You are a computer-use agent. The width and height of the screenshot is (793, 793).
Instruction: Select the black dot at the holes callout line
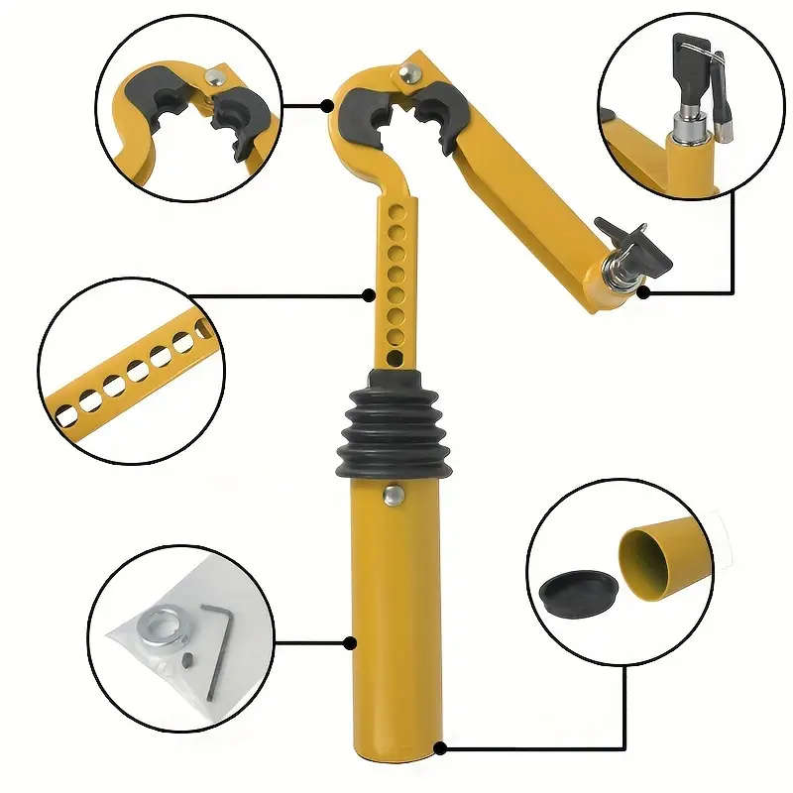click(369, 293)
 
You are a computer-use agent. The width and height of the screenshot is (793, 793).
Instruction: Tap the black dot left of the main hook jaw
click(327, 104)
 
